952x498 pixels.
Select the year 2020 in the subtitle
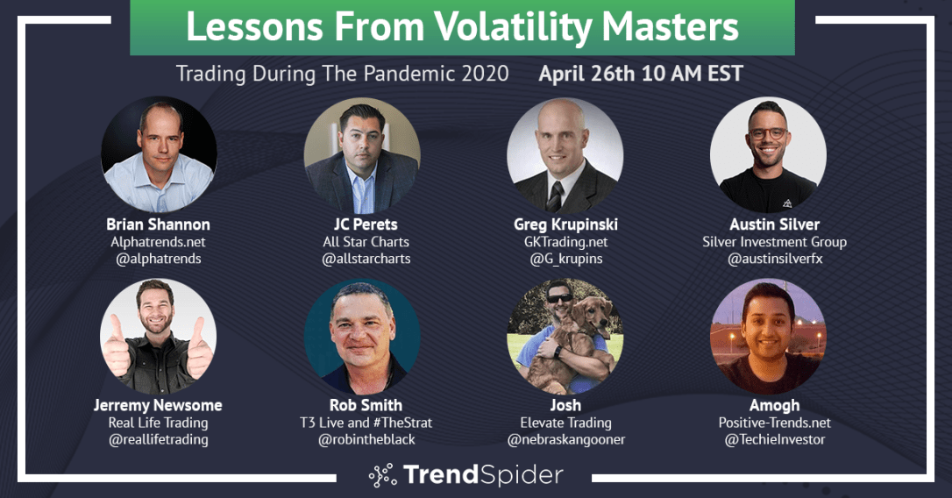[485, 74]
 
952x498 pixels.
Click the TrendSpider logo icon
[382, 475]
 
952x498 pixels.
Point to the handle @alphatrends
[159, 259]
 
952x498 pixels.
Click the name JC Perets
[366, 224]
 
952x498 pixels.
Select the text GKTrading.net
[566, 242]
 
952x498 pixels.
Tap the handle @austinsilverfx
[775, 259]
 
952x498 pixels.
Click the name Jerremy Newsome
[158, 405]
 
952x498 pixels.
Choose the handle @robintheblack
[366, 439]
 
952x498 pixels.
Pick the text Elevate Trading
[566, 423]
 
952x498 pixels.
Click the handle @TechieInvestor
[775, 439]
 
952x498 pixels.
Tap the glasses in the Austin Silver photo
[767, 133]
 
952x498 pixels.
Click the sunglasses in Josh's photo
[559, 298]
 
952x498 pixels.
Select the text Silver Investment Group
[775, 242]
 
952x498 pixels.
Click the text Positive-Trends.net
[775, 422]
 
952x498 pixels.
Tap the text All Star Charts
[366, 242]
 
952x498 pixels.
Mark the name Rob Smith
[366, 405]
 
